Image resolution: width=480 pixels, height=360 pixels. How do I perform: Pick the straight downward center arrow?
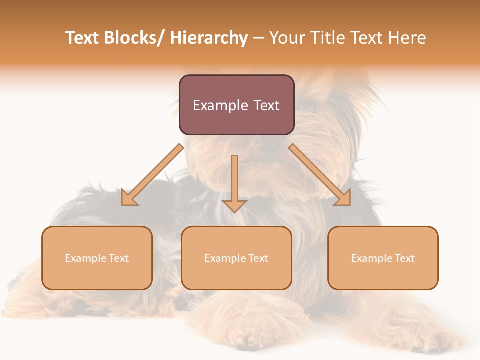pos(234,180)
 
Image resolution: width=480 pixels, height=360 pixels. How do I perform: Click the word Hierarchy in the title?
pos(209,38)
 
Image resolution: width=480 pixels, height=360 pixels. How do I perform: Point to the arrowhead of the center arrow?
pos(234,206)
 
